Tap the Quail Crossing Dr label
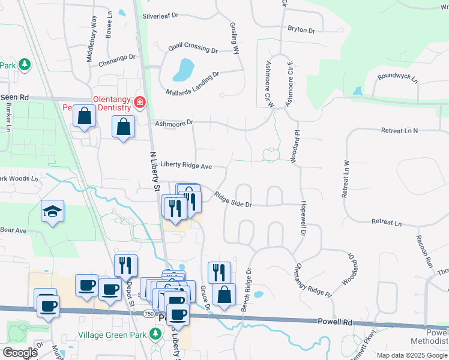click(x=184, y=47)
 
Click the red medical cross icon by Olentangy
click(x=140, y=103)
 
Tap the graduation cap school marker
click(x=53, y=211)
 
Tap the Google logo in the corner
click(x=20, y=353)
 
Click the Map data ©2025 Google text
click(x=411, y=355)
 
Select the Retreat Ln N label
click(x=408, y=130)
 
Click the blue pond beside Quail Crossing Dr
click(x=183, y=70)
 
